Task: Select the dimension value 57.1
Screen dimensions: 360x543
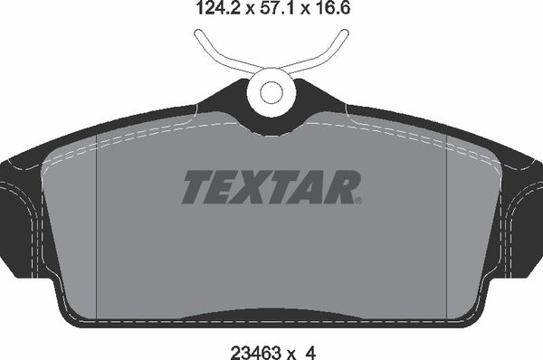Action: pyautogui.click(x=275, y=10)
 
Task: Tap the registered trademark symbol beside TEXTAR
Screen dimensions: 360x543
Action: pyautogui.click(x=359, y=199)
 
